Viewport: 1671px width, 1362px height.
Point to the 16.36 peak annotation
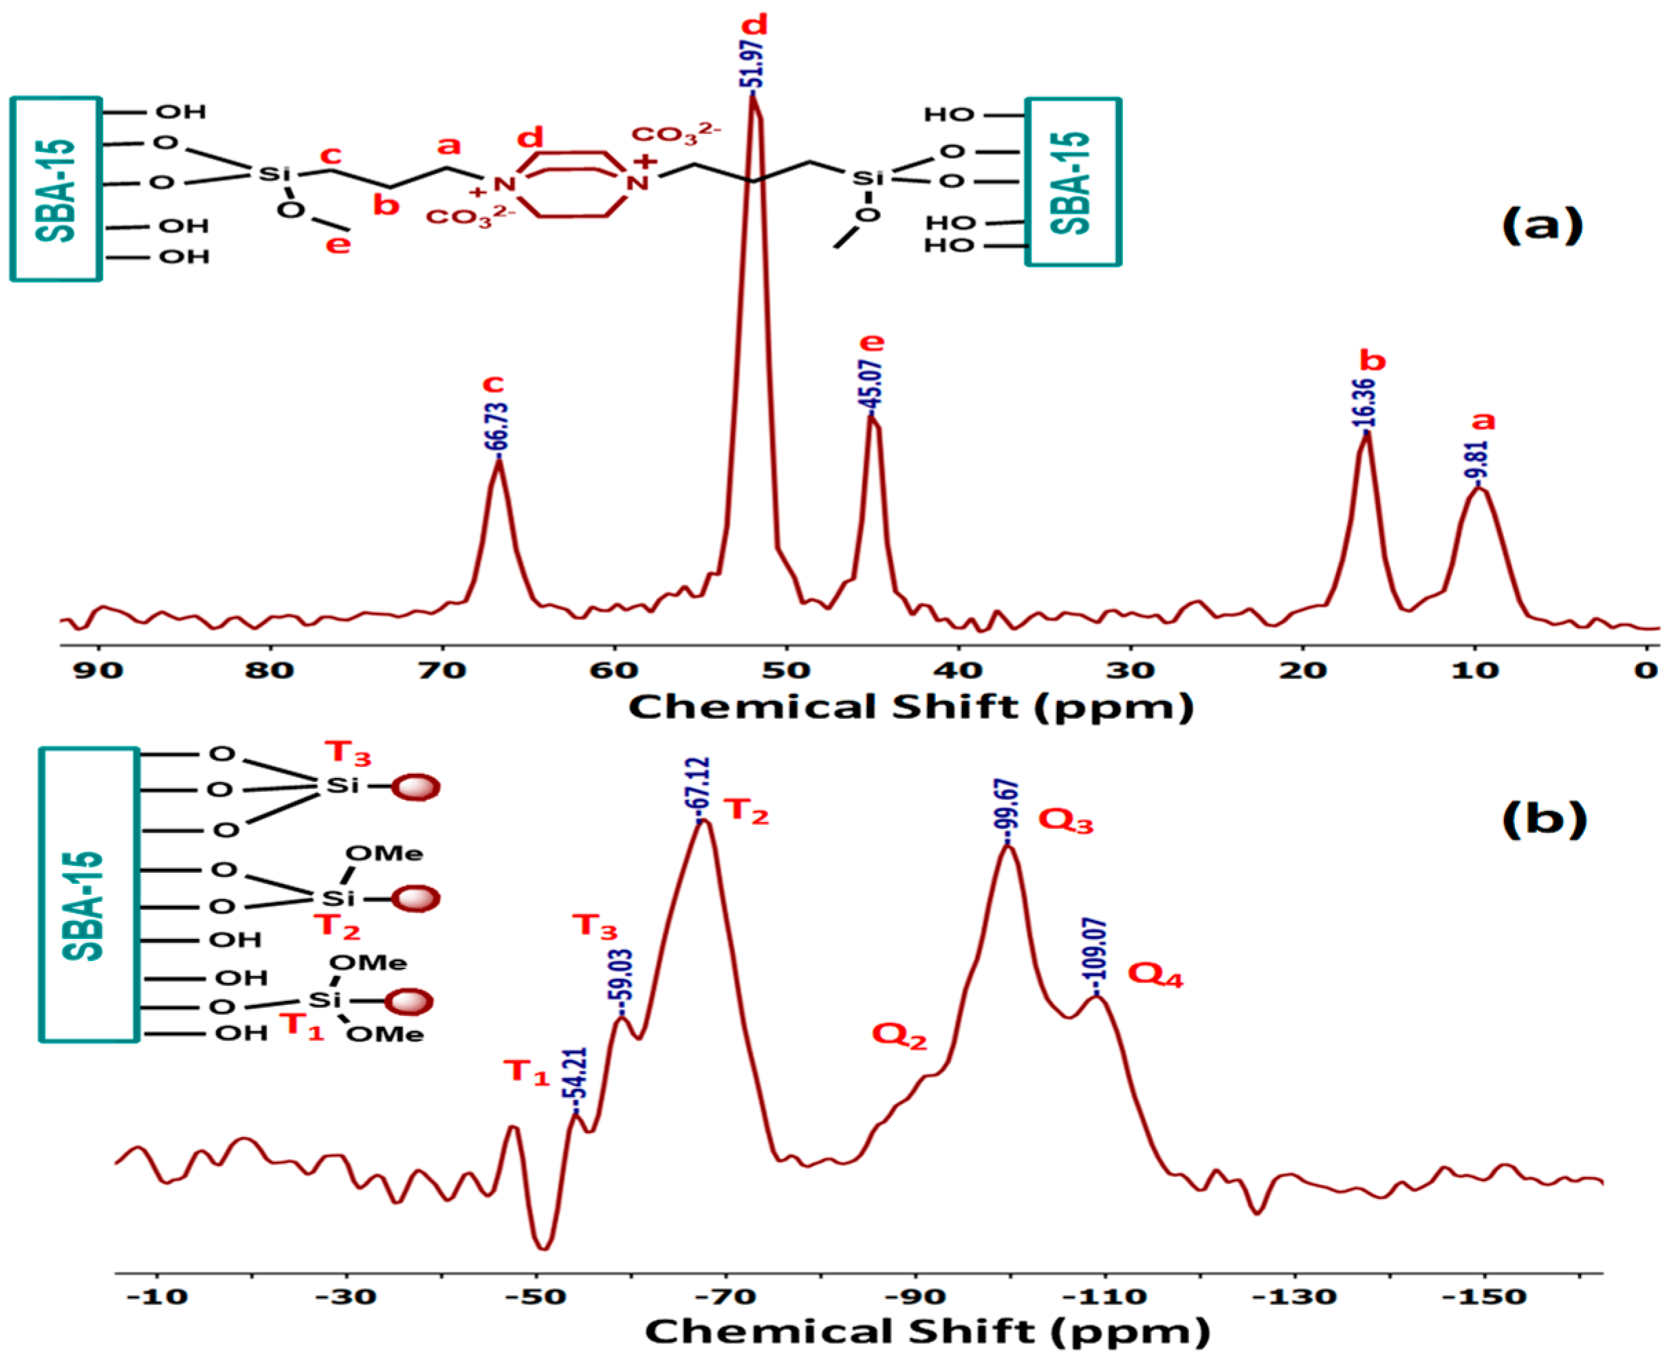point(1365,403)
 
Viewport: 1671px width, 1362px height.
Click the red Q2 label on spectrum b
point(899,1036)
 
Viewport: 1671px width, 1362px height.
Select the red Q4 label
point(1155,975)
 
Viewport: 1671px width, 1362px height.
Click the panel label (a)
point(1542,226)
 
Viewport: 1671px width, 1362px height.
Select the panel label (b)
point(1543,819)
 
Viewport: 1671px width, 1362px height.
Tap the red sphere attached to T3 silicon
point(415,786)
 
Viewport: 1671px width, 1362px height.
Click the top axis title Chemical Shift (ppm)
point(910,707)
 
